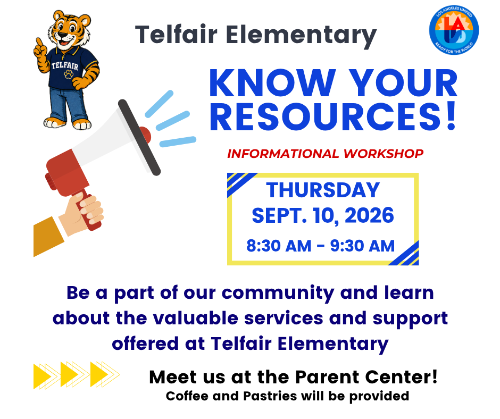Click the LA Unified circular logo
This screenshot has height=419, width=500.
tap(454, 30)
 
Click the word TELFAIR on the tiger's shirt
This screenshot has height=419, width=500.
tap(65, 66)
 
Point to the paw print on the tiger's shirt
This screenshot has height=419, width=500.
tap(69, 74)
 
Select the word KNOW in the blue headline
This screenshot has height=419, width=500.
tap(273, 83)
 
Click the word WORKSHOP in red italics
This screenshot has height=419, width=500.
tap(384, 154)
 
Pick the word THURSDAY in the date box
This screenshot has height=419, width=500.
tap(323, 190)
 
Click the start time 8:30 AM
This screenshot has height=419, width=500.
tap(279, 246)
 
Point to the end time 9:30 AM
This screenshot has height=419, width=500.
tap(362, 246)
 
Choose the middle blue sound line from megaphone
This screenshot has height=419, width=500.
tap(173, 121)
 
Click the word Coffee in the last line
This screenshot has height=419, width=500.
tap(187, 396)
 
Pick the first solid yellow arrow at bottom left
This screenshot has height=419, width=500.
tap(43, 376)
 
